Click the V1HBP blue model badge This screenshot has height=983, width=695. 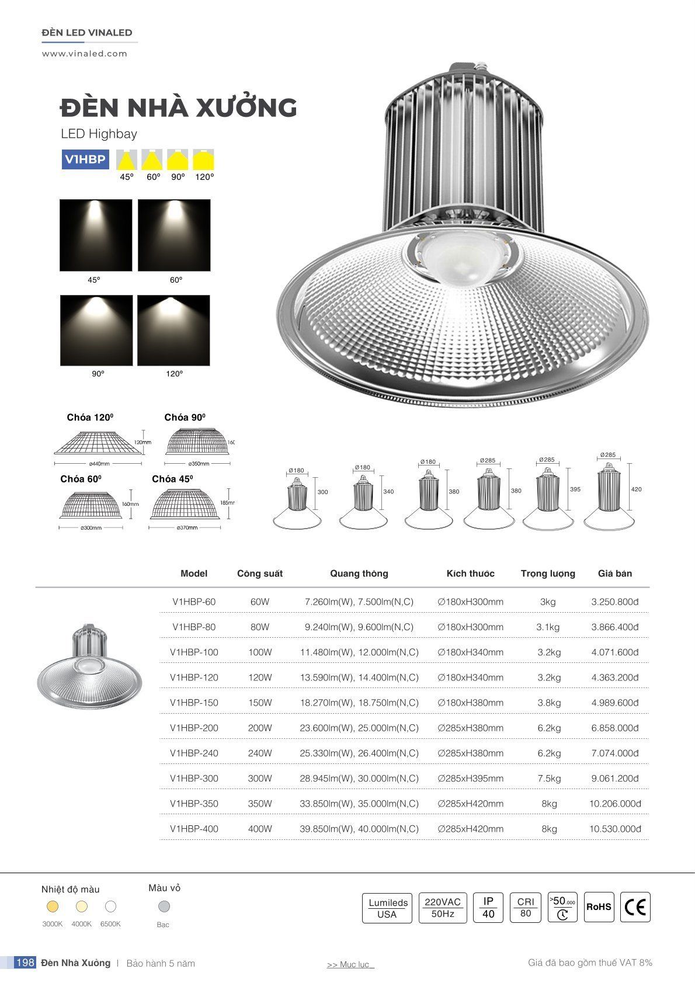point(85,159)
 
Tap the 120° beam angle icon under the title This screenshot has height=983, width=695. point(204,159)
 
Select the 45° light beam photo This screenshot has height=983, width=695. point(96,235)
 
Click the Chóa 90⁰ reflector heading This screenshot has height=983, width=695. point(185,417)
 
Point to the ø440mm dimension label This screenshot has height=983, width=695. point(99,464)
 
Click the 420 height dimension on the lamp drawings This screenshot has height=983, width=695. point(636,489)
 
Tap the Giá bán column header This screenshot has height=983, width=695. point(614,574)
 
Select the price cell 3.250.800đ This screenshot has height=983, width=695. point(614,602)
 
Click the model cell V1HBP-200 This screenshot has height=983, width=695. point(194,728)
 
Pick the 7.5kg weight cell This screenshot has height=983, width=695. point(549,778)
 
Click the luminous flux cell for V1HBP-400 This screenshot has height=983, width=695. point(359,829)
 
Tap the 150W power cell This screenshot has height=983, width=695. point(260,703)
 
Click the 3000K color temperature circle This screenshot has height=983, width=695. point(53,906)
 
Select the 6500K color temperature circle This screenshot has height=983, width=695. point(110,906)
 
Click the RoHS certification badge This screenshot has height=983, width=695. point(599,907)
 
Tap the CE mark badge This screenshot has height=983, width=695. point(635,907)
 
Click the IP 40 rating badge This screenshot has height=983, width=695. point(488,907)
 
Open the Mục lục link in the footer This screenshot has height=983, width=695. point(350,964)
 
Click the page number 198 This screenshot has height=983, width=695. point(25,963)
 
